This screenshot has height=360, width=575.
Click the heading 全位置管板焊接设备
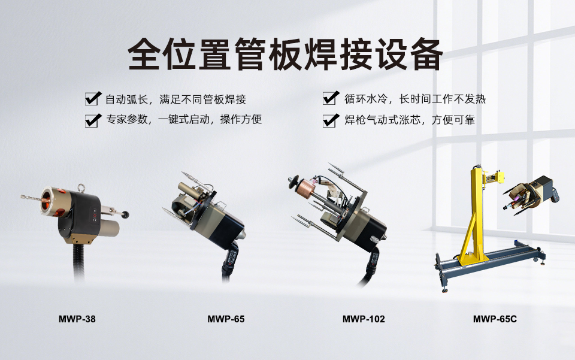[286, 55]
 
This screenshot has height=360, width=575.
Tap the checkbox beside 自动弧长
[93, 99]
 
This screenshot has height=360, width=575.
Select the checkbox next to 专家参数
[93, 120]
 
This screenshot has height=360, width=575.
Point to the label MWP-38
[77, 319]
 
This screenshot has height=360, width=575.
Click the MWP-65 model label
[226, 319]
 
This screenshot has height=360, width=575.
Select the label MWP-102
[364, 319]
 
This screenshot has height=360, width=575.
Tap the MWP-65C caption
[495, 319]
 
